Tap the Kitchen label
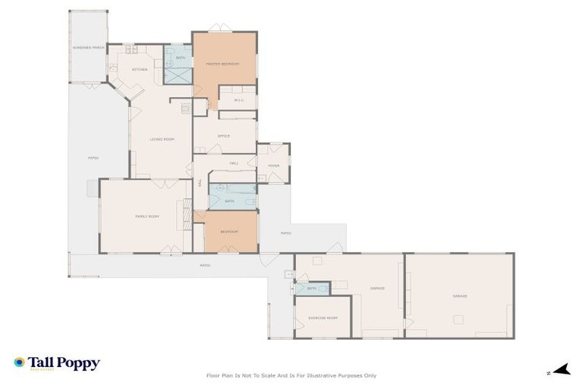140,69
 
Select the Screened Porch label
87,47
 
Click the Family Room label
147,217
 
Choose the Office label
223,136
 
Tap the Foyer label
273,165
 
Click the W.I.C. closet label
238,100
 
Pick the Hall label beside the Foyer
234,163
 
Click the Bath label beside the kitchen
180,58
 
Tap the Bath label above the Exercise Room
312,289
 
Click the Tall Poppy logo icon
19,362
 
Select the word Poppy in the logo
80,363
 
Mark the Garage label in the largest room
459,296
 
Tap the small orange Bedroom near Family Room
229,231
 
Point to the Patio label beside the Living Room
93,158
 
